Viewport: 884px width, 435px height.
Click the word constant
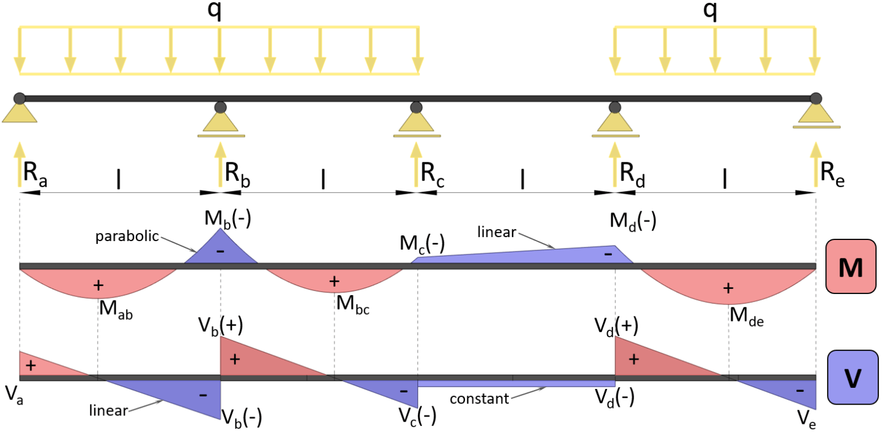pos(479,398)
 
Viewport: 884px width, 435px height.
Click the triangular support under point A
pos(20,113)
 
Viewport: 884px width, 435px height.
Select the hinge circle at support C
pos(416,107)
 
